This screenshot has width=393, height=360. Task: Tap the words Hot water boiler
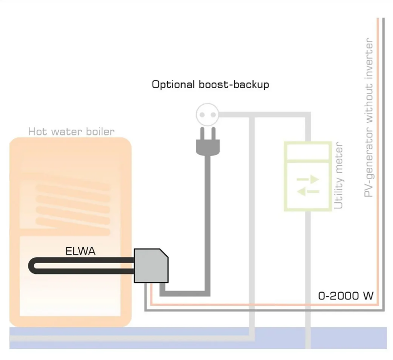point(71,131)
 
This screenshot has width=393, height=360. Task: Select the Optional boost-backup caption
point(210,85)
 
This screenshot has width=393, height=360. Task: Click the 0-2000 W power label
point(346,296)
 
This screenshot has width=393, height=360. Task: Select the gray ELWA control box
point(151,266)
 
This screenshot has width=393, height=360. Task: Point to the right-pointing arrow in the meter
point(309,180)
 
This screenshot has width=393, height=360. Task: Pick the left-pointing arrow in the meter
point(308,192)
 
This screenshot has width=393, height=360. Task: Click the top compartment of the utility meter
point(307,151)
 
